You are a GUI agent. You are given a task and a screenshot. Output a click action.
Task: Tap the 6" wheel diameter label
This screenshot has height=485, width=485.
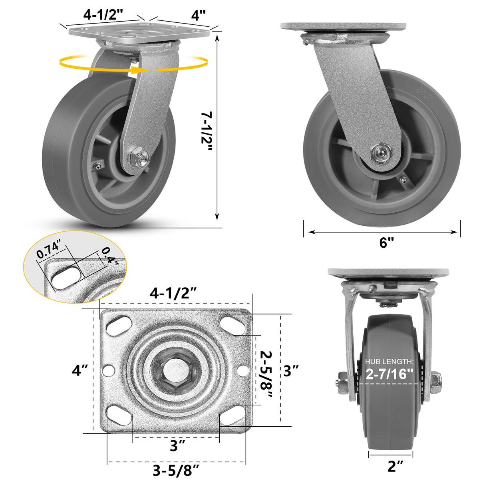pyautogui.click(x=386, y=242)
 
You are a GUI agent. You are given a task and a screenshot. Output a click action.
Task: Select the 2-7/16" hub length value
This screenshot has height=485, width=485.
pyautogui.click(x=390, y=374)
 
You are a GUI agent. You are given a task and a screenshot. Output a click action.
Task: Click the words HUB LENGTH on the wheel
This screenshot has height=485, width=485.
pyautogui.click(x=389, y=362)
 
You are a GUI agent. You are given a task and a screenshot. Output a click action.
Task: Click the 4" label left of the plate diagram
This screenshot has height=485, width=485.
pyautogui.click(x=80, y=370)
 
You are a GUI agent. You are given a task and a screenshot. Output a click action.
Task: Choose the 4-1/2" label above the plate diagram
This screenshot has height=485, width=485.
pyautogui.click(x=173, y=293)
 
